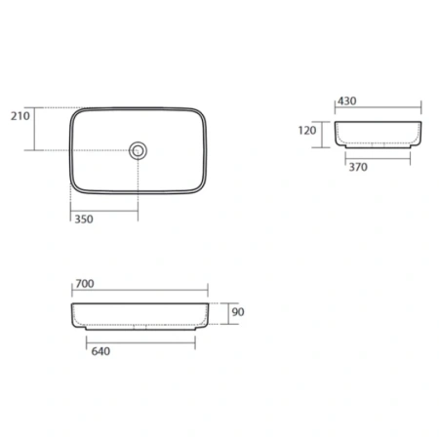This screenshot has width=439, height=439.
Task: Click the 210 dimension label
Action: coord(20,116)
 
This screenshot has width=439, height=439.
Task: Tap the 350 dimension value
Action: coord(84,219)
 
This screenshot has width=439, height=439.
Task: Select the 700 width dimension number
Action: coord(85,284)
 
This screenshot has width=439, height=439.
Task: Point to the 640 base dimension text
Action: coord(100,351)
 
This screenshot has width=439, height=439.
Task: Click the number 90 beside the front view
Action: coord(238,312)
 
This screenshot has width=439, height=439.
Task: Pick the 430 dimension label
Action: coord(347,101)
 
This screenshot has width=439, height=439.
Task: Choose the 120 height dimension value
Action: coord(307,131)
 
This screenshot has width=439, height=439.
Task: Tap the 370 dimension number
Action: coord(358,167)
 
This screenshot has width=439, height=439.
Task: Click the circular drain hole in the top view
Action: coord(138,151)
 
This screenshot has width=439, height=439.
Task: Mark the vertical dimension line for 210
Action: coord(34,129)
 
